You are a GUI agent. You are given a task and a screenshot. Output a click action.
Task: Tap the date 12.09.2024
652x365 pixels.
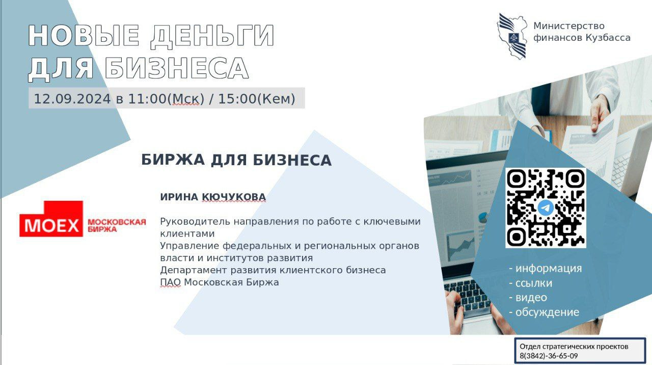(x=72, y=99)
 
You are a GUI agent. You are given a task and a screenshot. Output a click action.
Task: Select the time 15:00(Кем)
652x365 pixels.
(x=257, y=99)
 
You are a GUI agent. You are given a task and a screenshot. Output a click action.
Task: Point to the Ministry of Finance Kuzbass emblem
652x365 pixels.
(x=512, y=36)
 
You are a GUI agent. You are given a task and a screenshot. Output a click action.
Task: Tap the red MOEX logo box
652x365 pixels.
(x=51, y=219)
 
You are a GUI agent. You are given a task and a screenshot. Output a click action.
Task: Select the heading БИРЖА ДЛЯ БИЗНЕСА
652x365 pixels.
(x=236, y=160)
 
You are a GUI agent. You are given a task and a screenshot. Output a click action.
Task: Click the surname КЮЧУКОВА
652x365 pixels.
(x=234, y=197)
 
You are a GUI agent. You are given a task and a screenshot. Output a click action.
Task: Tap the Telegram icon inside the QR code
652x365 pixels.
(x=546, y=207)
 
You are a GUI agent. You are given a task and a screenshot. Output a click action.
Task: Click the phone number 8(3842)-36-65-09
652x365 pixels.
(x=549, y=356)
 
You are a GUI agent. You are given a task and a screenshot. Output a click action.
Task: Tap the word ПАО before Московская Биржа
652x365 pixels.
(x=170, y=282)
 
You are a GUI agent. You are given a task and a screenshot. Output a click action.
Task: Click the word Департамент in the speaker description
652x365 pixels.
(x=193, y=270)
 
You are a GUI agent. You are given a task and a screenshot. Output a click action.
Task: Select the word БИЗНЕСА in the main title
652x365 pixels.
(x=176, y=69)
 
